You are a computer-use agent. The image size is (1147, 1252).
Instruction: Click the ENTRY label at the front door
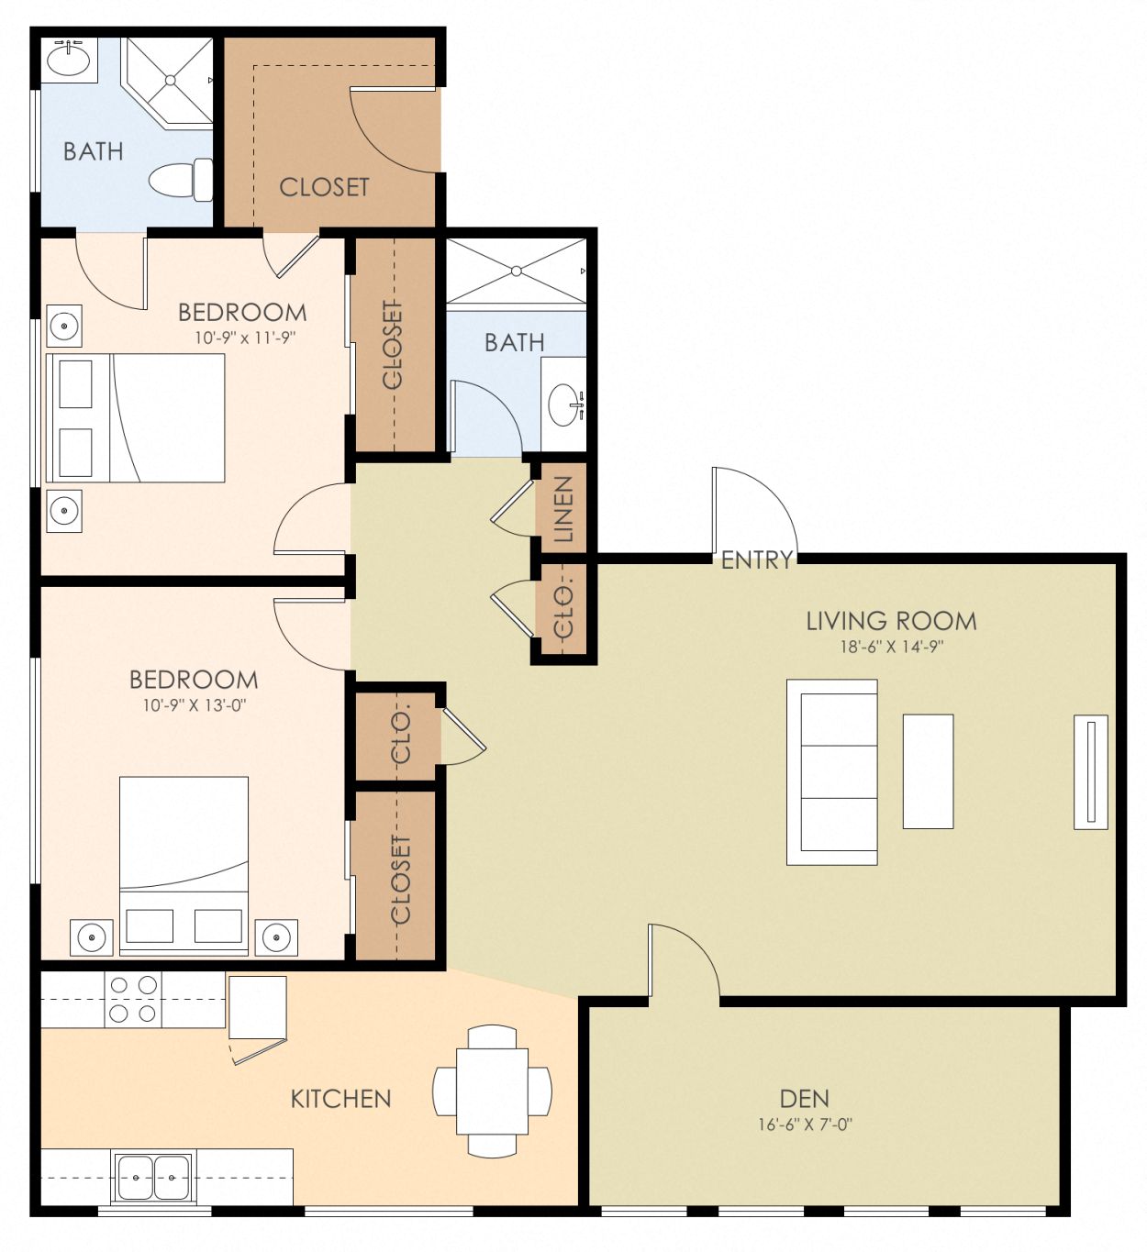tap(756, 560)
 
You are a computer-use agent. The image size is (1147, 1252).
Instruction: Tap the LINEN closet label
tap(563, 509)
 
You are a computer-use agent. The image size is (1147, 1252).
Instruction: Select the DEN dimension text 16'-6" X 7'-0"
tap(805, 1125)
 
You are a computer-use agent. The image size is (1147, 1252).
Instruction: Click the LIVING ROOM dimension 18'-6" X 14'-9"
tap(891, 647)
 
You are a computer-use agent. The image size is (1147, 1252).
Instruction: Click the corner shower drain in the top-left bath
tap(171, 81)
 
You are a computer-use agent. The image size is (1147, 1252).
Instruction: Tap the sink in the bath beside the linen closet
tap(563, 404)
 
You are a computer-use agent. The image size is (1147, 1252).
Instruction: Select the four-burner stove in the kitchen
tap(133, 999)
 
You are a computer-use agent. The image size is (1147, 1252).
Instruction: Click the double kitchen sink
tap(153, 1177)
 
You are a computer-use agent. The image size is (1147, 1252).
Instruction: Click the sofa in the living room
tap(832, 772)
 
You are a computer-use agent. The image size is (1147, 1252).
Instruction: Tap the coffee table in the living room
tap(928, 771)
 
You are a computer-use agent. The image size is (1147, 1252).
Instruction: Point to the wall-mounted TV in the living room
tap(1090, 771)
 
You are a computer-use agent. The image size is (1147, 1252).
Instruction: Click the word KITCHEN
tap(340, 1099)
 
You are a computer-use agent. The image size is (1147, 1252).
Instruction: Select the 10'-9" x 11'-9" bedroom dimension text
tap(244, 338)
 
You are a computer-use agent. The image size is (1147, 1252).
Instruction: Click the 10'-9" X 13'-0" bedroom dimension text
tap(194, 705)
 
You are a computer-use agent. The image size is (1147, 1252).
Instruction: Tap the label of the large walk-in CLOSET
tap(324, 187)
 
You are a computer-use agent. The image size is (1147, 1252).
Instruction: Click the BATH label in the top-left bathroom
tap(93, 151)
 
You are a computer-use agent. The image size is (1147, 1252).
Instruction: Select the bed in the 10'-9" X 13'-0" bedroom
tap(184, 862)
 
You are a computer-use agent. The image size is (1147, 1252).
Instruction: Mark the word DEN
tap(804, 1099)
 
